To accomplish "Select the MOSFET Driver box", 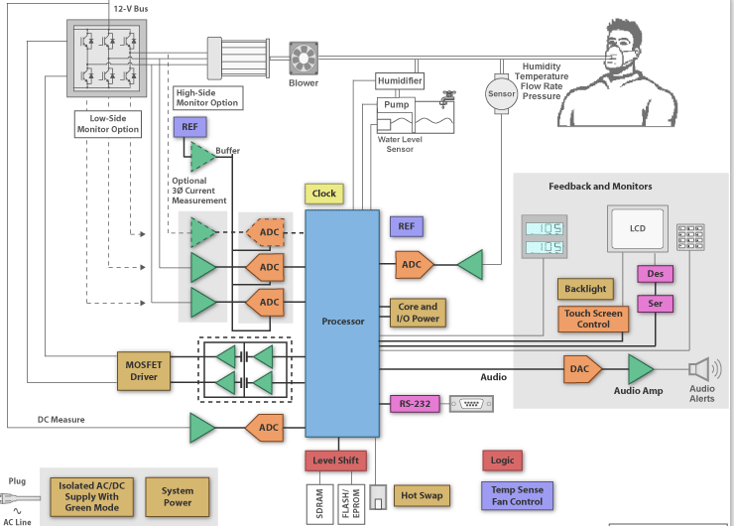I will tap(144, 369).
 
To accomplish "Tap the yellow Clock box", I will tap(324, 194).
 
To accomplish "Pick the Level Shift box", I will tap(335, 460).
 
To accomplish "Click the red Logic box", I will tap(502, 460).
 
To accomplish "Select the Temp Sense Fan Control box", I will tap(517, 494).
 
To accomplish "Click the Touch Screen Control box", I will tap(593, 319).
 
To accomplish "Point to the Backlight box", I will tap(585, 289).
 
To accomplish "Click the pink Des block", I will tap(655, 274).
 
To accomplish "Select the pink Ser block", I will tap(655, 303).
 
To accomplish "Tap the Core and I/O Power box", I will tap(417, 313).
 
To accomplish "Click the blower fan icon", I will tap(303, 57).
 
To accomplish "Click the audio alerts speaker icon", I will tap(700, 368).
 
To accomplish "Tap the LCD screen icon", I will tap(637, 230).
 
